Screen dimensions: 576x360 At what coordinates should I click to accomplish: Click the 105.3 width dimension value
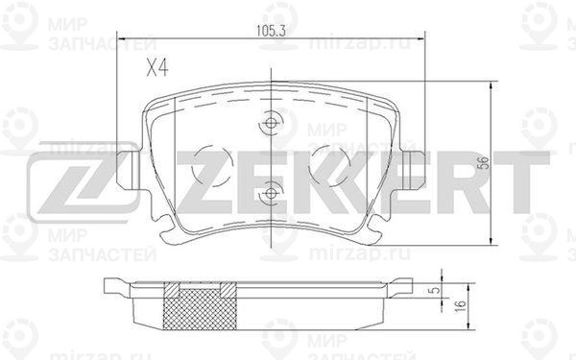(x=271, y=31)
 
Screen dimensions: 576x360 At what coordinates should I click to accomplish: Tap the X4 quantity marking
(x=157, y=68)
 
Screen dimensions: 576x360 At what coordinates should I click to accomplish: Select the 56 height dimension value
(x=485, y=163)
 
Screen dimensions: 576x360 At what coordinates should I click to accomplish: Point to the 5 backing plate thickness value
(x=436, y=290)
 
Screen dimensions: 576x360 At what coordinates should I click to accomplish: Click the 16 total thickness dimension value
(x=460, y=305)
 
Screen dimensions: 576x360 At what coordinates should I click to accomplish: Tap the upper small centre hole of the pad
(x=271, y=123)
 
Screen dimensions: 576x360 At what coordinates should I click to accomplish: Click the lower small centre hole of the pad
(x=271, y=193)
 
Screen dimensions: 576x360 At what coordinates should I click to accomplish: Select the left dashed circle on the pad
(x=212, y=165)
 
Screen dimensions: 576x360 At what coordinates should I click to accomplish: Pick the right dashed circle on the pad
(x=329, y=165)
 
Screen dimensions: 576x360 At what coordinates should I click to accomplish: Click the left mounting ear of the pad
(x=129, y=170)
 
